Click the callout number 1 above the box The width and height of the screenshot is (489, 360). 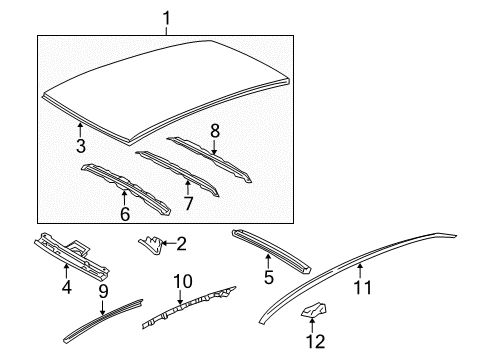point(166,18)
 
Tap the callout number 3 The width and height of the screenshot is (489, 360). point(81,146)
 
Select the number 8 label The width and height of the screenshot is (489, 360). point(215,131)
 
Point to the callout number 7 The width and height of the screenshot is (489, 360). point(188,203)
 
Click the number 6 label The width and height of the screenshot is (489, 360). point(125,214)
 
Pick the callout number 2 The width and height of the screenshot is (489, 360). point(181,244)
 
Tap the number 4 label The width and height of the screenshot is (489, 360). point(67,287)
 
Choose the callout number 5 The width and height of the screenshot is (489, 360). point(269,277)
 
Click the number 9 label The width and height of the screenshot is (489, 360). point(103,292)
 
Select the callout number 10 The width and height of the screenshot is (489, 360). point(183,281)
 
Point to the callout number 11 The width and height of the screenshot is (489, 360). point(362,287)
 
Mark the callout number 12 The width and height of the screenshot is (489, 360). point(316,341)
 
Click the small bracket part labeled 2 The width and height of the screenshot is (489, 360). point(151,244)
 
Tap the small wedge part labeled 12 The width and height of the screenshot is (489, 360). point(313,310)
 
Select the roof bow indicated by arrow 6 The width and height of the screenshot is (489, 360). point(126,188)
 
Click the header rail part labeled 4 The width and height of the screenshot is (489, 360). point(72,256)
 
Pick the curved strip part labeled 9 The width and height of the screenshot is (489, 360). point(103,321)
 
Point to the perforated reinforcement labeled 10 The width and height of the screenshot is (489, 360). point(189,307)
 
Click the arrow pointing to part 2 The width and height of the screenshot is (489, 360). point(169,244)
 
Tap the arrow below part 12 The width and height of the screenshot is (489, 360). point(312,325)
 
